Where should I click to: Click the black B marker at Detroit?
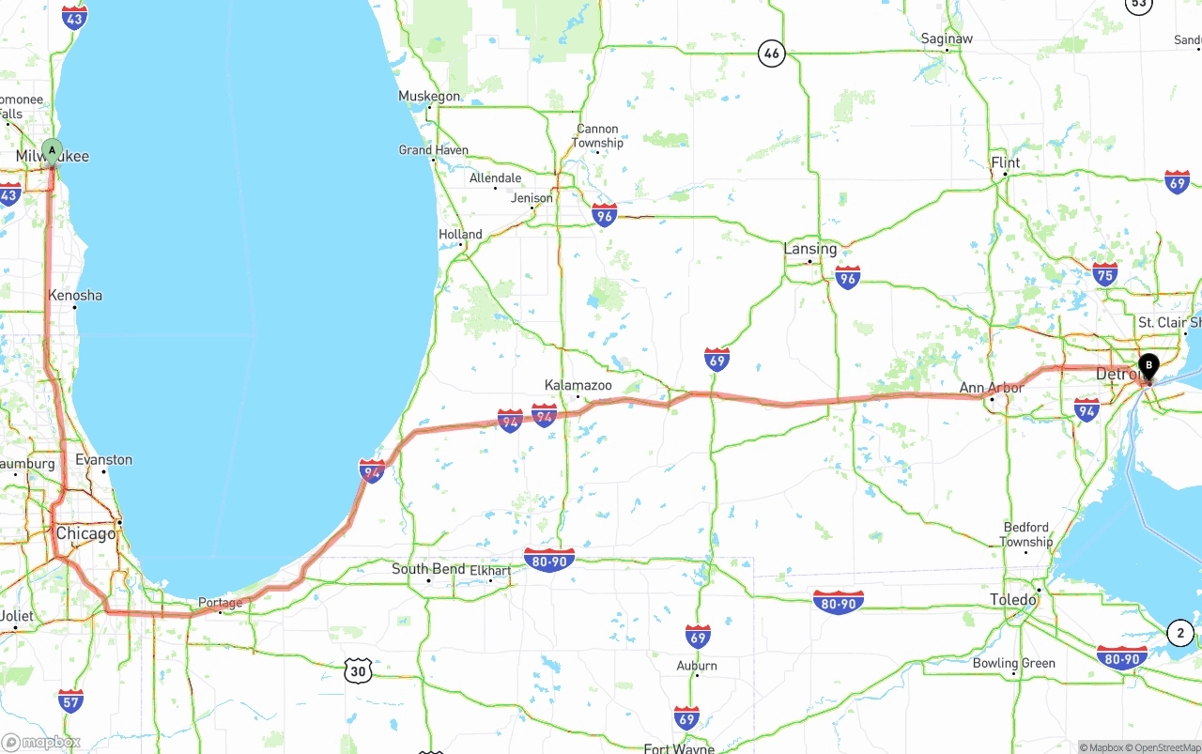tap(1148, 366)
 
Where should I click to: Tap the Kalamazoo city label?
tap(578, 386)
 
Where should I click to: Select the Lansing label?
tap(809, 249)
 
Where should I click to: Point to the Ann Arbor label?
tap(991, 388)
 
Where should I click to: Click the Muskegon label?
tap(429, 96)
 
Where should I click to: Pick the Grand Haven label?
tap(433, 150)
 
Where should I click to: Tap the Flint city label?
tap(1005, 162)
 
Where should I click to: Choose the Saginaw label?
tap(947, 38)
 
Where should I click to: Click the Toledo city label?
tap(1013, 599)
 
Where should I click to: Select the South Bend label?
tap(428, 569)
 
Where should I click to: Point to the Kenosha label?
tap(75, 295)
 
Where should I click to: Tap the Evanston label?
tap(103, 460)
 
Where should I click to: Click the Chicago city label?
tap(85, 533)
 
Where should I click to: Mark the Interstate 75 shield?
tap(1105, 274)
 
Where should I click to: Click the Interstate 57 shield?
tap(70, 700)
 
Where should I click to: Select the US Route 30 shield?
tap(357, 670)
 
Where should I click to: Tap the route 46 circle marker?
tap(771, 54)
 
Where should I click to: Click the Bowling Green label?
tap(1013, 663)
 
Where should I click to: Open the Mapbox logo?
tap(40, 743)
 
